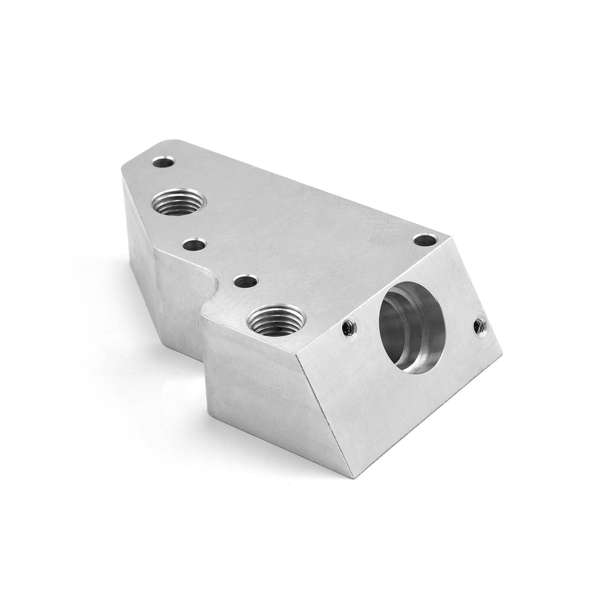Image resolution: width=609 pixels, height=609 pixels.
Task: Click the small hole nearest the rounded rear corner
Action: click(164, 162)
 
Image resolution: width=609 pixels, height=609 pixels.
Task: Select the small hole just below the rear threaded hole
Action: click(194, 245)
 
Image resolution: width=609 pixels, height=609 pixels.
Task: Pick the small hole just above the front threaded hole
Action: click(246, 282)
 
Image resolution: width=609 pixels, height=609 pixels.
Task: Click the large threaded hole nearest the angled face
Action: click(272, 320)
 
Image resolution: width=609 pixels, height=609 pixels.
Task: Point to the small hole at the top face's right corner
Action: click(425, 240)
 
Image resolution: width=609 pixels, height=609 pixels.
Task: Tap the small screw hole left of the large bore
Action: click(347, 327)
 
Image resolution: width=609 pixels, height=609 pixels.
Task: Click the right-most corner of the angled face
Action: click(502, 355)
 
